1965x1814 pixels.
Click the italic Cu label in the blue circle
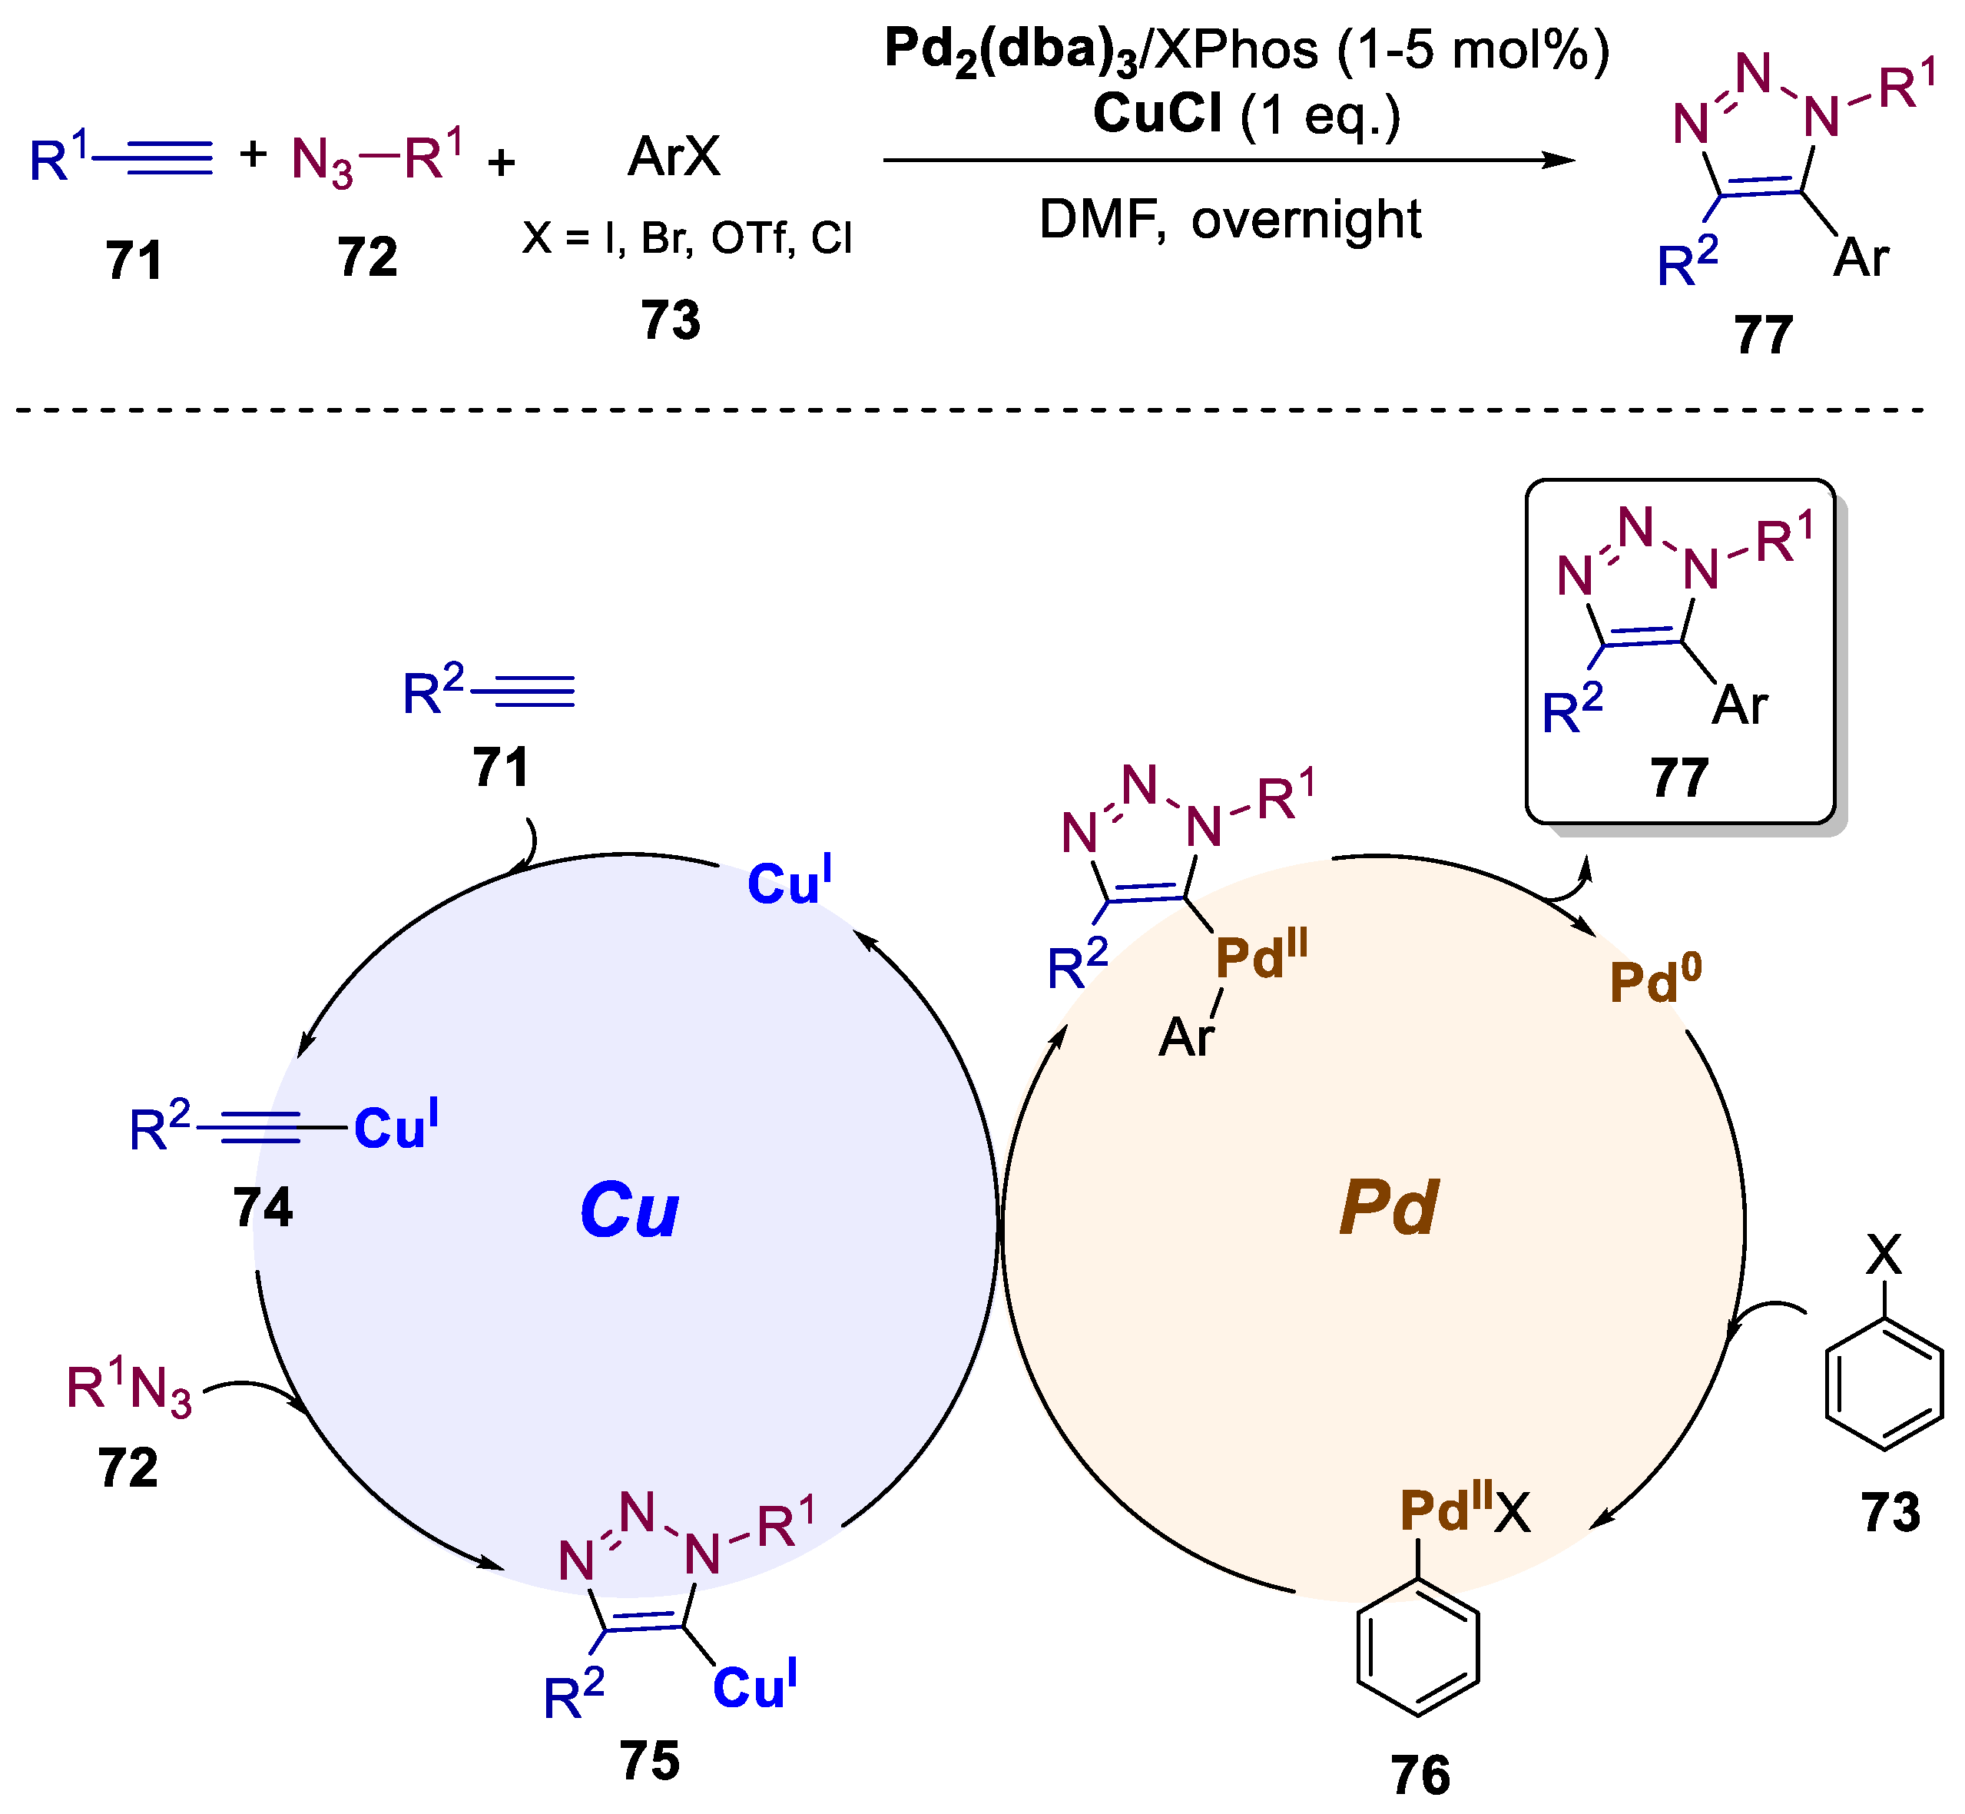point(629,1209)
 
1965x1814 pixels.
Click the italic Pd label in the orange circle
point(1388,1207)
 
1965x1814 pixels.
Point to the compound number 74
point(263,1207)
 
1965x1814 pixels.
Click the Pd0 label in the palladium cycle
point(1655,980)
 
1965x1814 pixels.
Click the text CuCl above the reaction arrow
point(1157,114)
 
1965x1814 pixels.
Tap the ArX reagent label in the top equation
point(674,157)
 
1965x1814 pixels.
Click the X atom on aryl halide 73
point(1884,1255)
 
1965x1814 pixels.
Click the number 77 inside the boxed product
point(1679,778)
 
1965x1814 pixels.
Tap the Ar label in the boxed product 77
point(1739,706)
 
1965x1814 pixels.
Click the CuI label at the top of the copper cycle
point(789,881)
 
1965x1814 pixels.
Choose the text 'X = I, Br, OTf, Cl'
point(687,238)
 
